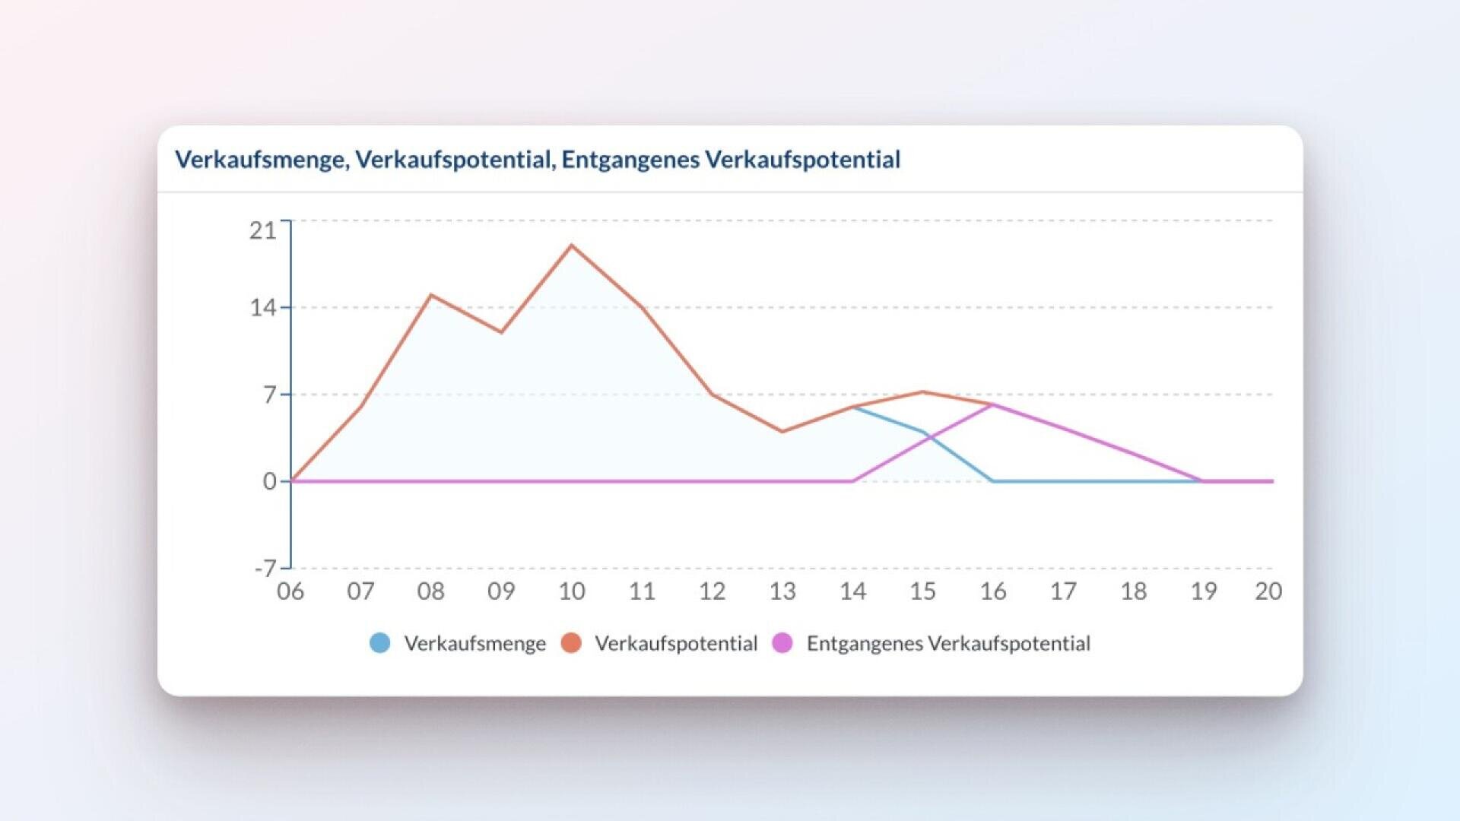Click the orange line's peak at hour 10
572,246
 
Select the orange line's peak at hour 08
431,295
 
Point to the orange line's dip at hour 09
501,332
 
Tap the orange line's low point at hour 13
782,432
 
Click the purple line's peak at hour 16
993,404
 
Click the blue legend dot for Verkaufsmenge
380,643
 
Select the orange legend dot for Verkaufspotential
571,643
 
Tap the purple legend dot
782,643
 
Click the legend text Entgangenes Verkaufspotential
948,644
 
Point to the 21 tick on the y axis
262,230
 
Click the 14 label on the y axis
262,308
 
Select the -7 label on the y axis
265,568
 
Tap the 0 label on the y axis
270,481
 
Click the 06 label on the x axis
290,591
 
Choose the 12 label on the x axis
712,591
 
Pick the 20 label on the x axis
1268,591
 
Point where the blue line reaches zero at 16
993,481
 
